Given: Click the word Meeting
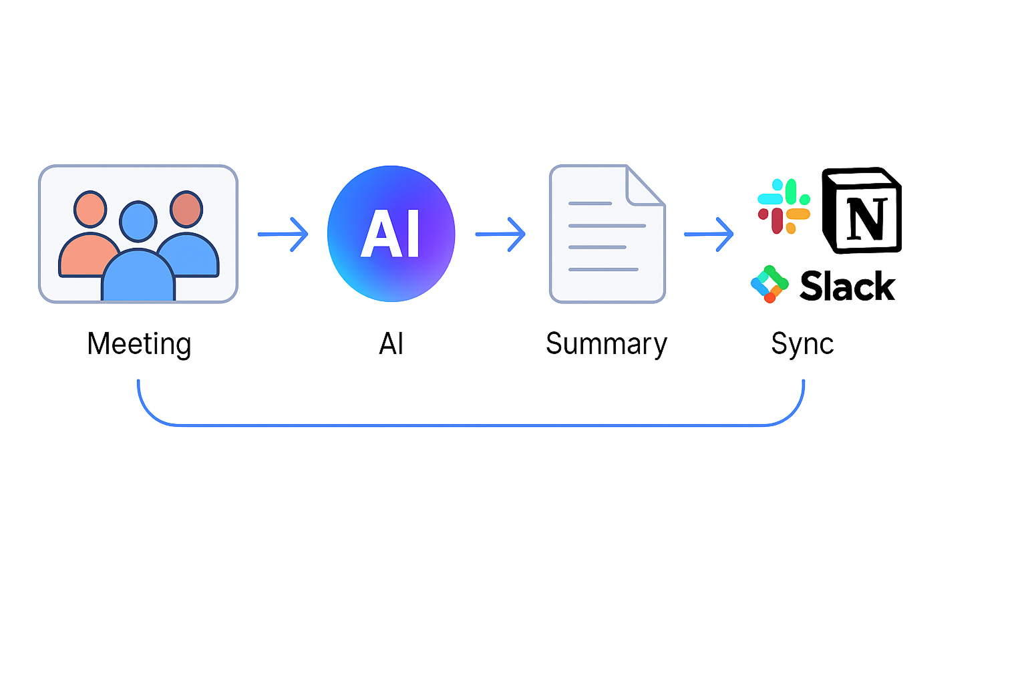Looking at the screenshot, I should [x=139, y=344].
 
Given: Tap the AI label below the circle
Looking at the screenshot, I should [x=391, y=344].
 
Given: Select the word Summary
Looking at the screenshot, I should [x=606, y=344].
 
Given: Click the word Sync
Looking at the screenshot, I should [x=802, y=344].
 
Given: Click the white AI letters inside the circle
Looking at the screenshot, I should [x=391, y=234].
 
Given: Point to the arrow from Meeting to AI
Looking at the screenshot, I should [x=283, y=234].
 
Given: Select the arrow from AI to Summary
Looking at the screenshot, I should [x=500, y=234].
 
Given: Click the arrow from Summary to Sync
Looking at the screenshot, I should [x=709, y=234].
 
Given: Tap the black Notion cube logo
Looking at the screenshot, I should [x=862, y=210].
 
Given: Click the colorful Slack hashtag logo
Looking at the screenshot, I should [x=784, y=206].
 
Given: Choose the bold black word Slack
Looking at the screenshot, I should [x=847, y=287].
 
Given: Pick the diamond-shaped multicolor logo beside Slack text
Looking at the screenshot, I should [x=769, y=284].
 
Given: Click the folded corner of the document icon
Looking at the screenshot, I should [x=644, y=186].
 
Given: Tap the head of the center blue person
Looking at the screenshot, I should [x=138, y=221].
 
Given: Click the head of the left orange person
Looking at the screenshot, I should [x=90, y=208].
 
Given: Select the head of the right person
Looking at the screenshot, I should [x=186, y=208].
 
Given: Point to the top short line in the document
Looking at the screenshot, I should [x=590, y=203].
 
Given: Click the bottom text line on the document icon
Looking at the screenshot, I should [x=603, y=269].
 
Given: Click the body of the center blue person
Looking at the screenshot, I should [x=138, y=277].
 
